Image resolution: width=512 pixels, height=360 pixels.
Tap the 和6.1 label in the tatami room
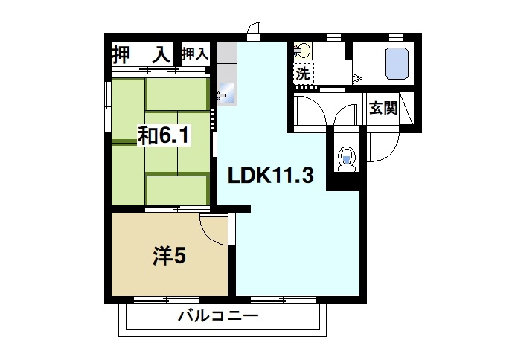164,135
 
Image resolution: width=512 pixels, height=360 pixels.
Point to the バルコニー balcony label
217,317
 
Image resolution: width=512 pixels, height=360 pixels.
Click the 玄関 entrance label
383,108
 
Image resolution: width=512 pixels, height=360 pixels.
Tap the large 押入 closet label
140,54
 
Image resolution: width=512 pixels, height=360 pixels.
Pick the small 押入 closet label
194,54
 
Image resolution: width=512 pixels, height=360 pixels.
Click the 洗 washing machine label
303,74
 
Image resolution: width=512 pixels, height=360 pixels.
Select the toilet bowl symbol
346,158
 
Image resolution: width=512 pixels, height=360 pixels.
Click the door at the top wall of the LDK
255,32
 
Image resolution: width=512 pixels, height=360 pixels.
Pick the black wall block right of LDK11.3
343,181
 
